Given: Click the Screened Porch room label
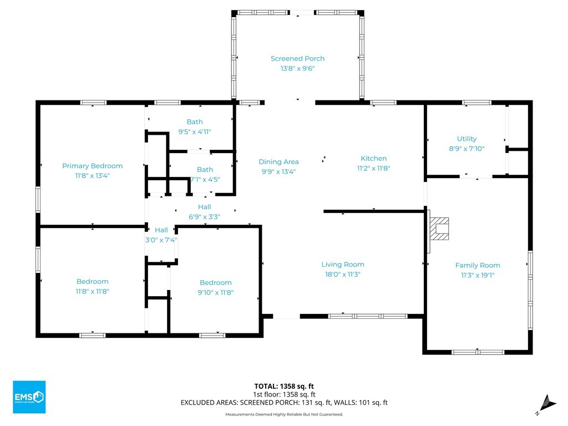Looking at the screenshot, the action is pos(297,59).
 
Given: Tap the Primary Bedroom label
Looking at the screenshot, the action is pos(93,166).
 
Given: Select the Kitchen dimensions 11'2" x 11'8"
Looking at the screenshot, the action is pos(373,168).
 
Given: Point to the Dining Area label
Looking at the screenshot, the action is pos(278,162).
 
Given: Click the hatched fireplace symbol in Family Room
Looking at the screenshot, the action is pos(439,229).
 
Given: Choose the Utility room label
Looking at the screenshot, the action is pos(466,139).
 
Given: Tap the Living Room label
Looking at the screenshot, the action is pos(343,265).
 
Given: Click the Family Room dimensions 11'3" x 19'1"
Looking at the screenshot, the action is pos(478,275).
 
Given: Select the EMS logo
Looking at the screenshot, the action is pos(29,397).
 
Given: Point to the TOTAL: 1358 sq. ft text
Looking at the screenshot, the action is pos(284,386).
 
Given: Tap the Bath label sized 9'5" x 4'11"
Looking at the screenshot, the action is pos(195,122).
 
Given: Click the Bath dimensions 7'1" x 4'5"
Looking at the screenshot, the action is pos(205,179).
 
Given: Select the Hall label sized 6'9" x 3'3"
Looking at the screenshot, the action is pos(204,207).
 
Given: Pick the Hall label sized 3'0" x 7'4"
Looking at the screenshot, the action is pos(161,230).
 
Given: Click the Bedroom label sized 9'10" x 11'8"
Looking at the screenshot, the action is pos(216,282).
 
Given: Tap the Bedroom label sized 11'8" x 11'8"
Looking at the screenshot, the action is pos(93,281).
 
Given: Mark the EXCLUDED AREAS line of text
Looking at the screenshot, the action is pos(284,403).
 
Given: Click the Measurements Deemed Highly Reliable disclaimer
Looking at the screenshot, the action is pos(284,414).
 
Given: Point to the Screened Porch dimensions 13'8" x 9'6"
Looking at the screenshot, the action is pos(297,68).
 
